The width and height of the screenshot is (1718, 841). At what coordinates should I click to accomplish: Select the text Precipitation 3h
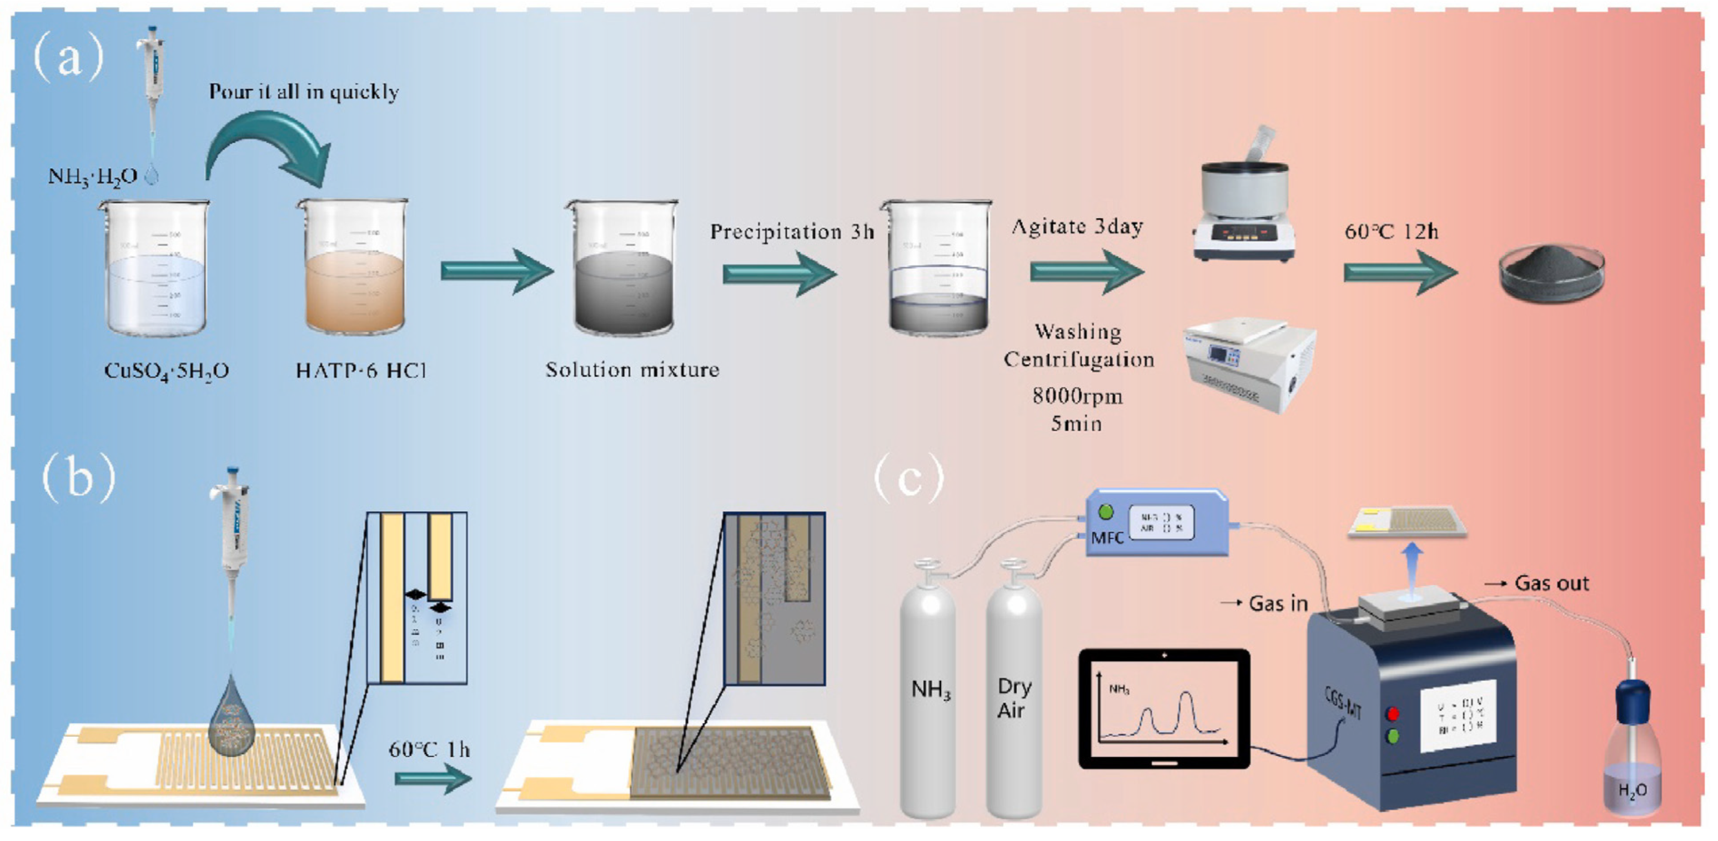(x=792, y=232)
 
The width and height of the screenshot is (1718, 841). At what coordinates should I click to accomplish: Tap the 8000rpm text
(x=1077, y=396)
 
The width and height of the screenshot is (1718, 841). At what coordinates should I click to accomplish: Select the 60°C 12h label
(x=1391, y=232)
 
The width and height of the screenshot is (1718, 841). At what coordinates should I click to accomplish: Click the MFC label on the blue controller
(x=1107, y=538)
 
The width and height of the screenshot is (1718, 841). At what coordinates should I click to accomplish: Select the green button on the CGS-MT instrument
(x=1393, y=738)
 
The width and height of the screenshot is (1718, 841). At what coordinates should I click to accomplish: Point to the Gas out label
(x=1551, y=583)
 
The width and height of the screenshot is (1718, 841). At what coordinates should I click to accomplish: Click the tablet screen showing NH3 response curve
(x=1164, y=708)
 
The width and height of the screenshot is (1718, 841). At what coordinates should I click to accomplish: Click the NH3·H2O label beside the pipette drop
(x=93, y=177)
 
